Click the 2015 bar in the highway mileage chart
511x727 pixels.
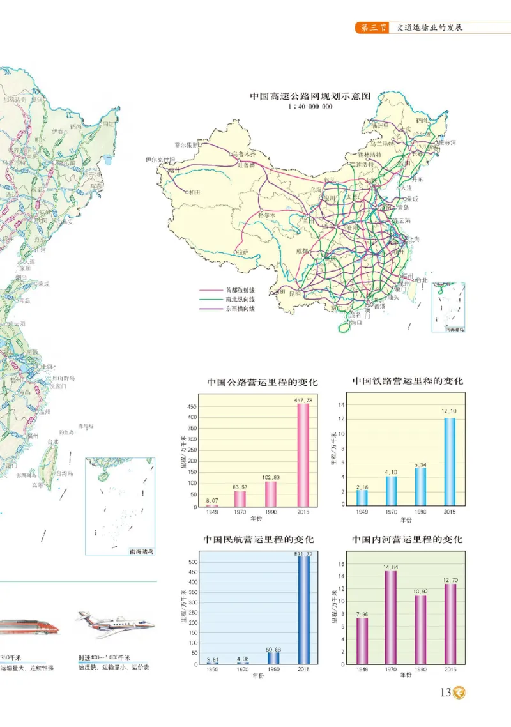[303, 455]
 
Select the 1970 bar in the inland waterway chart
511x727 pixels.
[390, 617]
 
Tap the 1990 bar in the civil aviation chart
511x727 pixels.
[273, 657]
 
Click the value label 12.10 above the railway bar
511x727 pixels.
[448, 411]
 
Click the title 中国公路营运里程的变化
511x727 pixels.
[262, 383]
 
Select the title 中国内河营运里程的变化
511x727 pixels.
[407, 540]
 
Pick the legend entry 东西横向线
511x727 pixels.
[240, 309]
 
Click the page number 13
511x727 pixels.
[445, 692]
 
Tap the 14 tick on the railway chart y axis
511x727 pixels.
[342, 405]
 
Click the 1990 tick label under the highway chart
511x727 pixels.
[271, 513]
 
